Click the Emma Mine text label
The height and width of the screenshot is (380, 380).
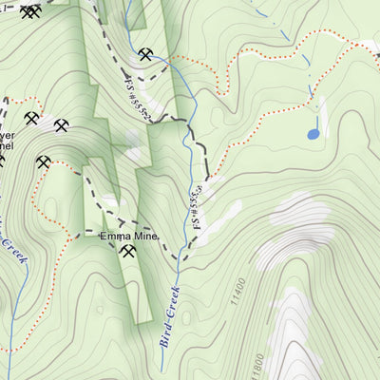click(x=128, y=235)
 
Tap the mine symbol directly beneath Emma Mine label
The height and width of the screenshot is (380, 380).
click(x=128, y=252)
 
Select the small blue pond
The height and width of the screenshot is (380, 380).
click(x=313, y=134)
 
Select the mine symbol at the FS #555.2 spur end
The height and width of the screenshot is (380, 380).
click(x=144, y=55)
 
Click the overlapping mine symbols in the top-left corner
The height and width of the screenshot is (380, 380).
click(x=30, y=11)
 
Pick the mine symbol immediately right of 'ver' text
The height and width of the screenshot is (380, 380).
click(x=30, y=119)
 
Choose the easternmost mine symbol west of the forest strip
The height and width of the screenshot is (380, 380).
click(x=62, y=125)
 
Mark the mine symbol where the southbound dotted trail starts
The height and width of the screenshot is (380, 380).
click(x=43, y=161)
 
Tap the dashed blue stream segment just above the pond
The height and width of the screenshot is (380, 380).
click(x=310, y=95)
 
